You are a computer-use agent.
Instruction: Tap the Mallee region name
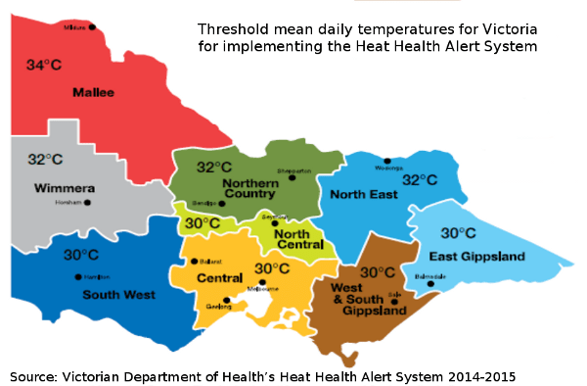click(x=93, y=93)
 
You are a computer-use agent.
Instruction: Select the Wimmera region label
click(x=64, y=187)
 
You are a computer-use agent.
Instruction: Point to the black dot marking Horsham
click(x=87, y=203)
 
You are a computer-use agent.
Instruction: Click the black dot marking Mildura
click(x=93, y=27)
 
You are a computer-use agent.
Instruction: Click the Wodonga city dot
click(x=387, y=161)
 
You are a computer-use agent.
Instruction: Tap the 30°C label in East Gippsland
click(x=458, y=233)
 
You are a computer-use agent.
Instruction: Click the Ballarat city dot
click(x=196, y=262)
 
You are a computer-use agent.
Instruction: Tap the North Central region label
click(x=293, y=239)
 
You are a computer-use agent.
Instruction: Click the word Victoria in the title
click(x=506, y=28)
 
